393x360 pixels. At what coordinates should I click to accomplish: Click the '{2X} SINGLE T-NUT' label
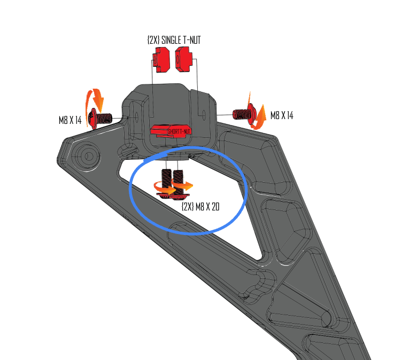pos(174,40)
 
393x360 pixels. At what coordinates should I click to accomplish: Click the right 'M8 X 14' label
pos(282,115)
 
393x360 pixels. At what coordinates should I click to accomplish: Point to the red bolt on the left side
pos(100,118)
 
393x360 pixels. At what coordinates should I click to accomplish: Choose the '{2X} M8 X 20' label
pos(200,206)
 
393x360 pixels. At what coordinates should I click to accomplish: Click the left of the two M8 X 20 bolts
pos(166,182)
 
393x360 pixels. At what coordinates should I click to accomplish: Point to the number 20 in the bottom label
pos(214,206)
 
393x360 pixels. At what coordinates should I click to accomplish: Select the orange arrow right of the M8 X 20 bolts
pos(185,186)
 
